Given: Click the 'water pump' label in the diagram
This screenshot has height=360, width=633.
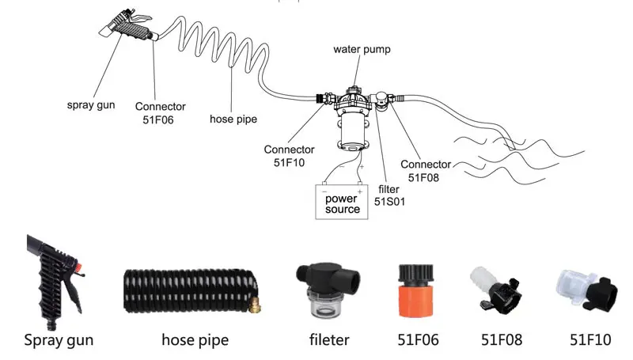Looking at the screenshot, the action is click(362, 50).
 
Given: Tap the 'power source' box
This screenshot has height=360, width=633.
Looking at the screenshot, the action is click(342, 202).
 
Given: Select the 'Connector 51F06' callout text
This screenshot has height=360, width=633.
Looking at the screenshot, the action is click(160, 113).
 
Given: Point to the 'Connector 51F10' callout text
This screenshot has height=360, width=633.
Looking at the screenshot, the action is click(289, 156).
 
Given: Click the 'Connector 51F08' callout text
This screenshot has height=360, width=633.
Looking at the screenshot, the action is click(426, 171).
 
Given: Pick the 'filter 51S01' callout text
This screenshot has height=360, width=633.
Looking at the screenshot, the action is click(389, 195).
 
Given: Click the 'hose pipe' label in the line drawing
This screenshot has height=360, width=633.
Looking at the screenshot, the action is click(233, 119).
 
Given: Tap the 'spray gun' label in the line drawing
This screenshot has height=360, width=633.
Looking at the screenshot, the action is click(91, 105).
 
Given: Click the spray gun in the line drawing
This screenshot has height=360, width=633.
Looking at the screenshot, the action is click(127, 25).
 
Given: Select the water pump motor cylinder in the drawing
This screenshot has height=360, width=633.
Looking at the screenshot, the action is click(354, 130).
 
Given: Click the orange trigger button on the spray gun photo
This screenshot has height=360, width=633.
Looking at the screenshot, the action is click(78, 267).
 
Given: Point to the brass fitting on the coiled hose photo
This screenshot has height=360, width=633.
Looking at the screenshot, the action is click(255, 305).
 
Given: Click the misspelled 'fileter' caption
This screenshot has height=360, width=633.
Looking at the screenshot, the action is click(329, 339).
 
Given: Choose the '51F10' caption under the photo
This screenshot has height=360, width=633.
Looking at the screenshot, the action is click(590, 339).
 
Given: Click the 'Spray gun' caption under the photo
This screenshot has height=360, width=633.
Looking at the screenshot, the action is click(59, 340).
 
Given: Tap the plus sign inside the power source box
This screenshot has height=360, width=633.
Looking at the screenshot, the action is click(360, 191).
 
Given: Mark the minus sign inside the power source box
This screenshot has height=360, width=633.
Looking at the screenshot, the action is click(324, 191).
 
